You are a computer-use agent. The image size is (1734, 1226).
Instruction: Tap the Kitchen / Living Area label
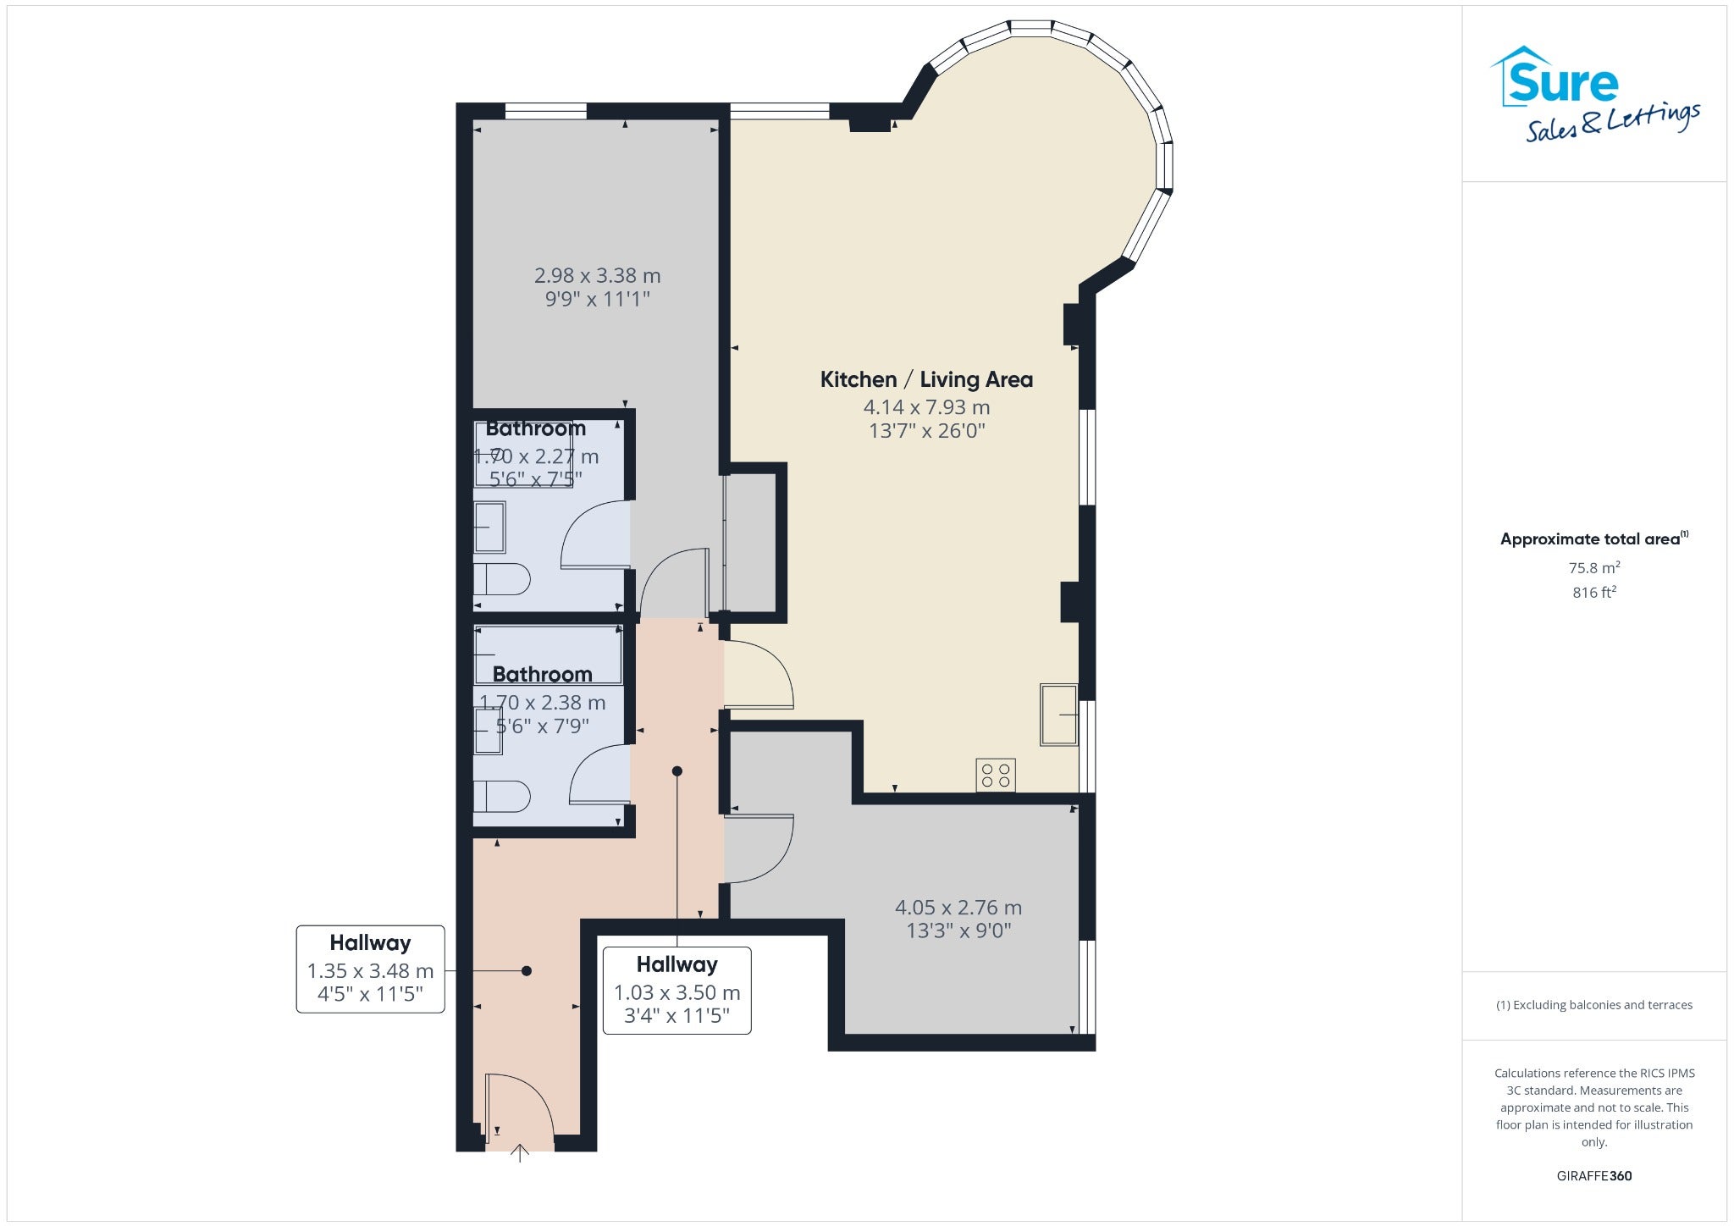926,379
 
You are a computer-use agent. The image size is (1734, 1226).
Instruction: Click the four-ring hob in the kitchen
996,775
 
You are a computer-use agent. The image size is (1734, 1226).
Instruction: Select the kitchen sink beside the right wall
1059,715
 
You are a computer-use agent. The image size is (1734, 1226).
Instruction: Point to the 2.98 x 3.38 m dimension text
597,275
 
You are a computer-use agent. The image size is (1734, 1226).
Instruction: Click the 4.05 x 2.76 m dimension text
958,908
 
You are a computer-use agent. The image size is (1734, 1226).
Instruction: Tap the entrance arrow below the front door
520,1153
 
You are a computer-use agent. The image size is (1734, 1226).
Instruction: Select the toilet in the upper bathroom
501,580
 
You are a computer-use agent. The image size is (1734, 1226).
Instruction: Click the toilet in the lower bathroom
501,797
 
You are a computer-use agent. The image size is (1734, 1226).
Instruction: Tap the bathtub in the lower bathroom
548,654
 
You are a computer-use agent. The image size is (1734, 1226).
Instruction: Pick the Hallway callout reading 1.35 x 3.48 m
370,969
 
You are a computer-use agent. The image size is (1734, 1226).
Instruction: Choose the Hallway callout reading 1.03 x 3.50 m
676,990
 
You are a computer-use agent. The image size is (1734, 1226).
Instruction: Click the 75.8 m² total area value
1594,567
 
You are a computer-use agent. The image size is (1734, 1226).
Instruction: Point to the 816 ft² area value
1594,592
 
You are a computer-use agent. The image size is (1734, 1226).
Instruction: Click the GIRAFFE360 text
1594,1175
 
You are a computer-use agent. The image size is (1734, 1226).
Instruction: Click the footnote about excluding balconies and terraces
1594,1005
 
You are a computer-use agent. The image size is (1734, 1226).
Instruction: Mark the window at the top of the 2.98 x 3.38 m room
545,111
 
